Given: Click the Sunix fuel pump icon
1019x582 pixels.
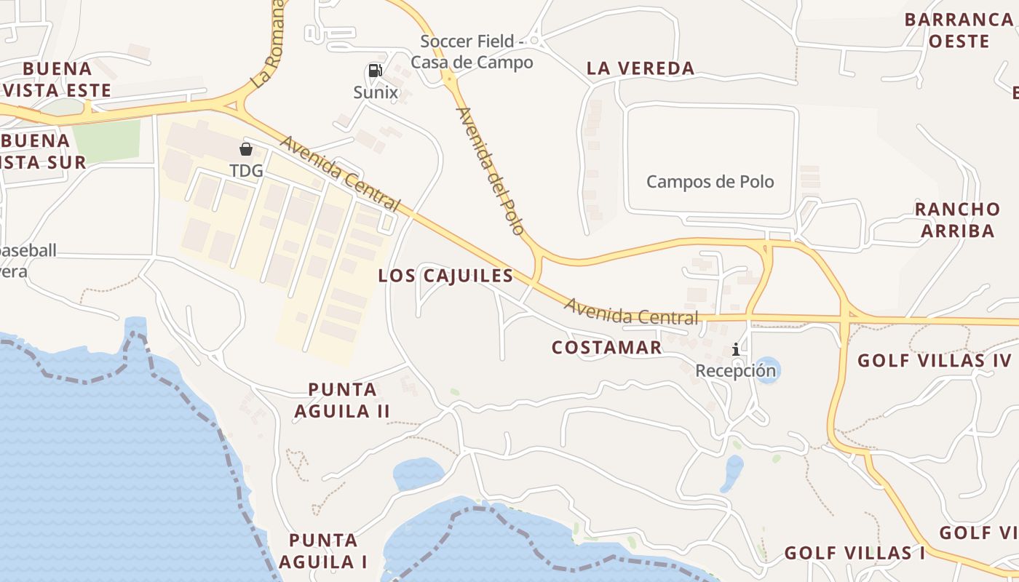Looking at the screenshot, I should tap(375, 71).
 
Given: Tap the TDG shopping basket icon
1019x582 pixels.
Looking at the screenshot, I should tap(246, 149).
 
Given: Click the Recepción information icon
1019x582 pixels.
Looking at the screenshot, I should tap(736, 349).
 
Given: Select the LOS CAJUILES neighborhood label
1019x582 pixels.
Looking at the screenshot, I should tap(445, 276).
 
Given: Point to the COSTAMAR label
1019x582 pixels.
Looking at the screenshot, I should tap(606, 348).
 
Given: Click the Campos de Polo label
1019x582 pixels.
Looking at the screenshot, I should tap(710, 181).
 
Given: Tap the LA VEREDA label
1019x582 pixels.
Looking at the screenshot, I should tap(641, 68).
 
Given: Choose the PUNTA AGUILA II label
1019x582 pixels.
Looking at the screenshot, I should tap(342, 400).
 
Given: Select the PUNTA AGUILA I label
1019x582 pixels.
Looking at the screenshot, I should tap(323, 551).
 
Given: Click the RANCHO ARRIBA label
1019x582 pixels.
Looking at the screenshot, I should tap(957, 220).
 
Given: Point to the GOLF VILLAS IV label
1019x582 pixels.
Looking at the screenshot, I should tap(934, 360).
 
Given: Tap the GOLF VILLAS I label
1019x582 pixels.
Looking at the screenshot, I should tap(854, 553).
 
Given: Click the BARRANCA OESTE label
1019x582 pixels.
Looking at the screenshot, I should tap(959, 30).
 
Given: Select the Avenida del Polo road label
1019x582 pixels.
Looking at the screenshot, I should tap(490, 171).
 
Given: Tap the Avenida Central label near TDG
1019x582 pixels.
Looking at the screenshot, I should tap(340, 174).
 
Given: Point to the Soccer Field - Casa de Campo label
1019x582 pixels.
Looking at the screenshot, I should tap(472, 52).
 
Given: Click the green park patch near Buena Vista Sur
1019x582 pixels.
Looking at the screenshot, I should tap(107, 140).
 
